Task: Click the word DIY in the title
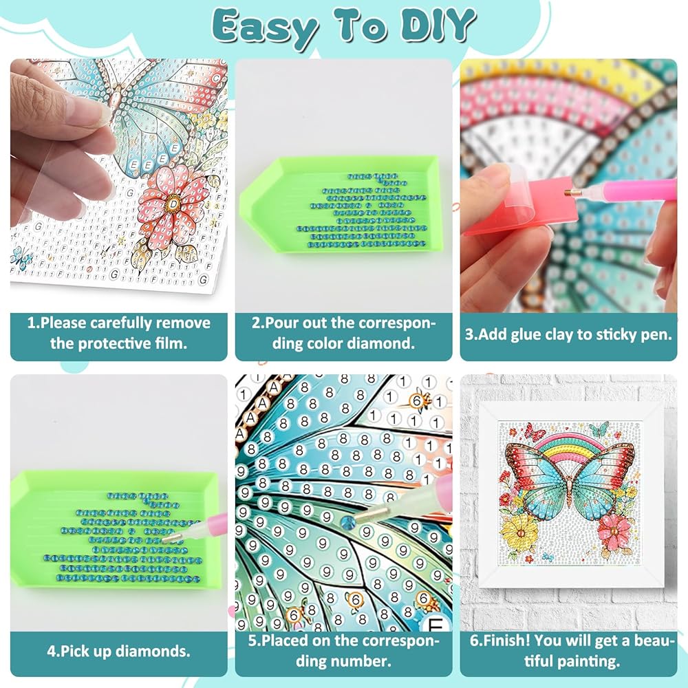tap(438, 24)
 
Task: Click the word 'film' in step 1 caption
tap(168, 343)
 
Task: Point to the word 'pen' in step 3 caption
tap(658, 335)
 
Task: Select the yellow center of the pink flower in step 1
tap(174, 203)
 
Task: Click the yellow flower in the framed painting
tap(521, 533)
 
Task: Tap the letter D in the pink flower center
tap(174, 204)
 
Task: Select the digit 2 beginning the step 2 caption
tap(256, 323)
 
